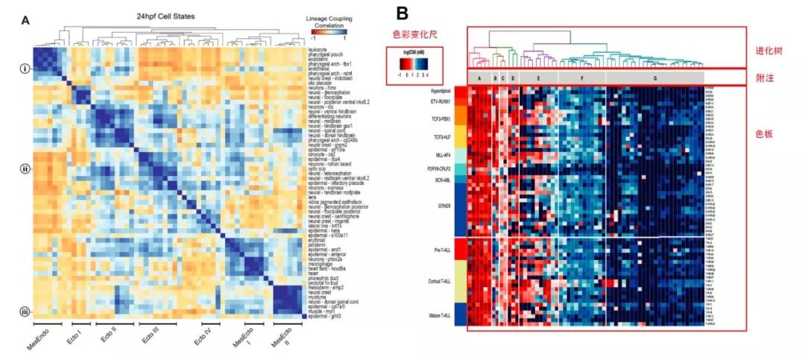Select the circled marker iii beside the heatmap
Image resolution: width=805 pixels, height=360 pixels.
25,312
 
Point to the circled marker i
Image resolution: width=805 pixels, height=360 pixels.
25,69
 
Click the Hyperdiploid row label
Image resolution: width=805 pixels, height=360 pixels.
443,90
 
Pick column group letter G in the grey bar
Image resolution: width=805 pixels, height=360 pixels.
654,78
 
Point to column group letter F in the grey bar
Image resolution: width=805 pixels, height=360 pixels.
581,78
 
